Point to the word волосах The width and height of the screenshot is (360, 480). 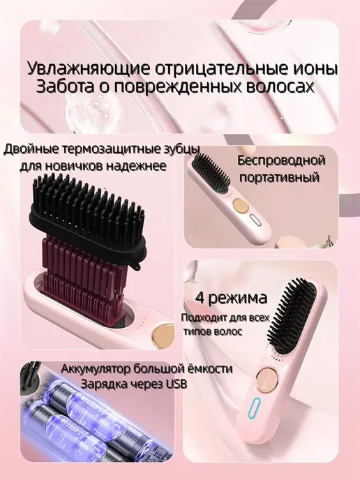280,87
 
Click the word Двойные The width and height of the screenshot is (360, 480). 30,150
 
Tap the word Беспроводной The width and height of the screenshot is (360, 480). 280,160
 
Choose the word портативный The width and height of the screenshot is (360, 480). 279,177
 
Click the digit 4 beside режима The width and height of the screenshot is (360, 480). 200,297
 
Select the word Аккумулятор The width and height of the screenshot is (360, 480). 96,369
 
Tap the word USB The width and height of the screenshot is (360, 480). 176,384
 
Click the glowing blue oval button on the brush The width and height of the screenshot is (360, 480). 256,409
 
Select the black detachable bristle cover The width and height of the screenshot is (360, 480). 89,216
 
